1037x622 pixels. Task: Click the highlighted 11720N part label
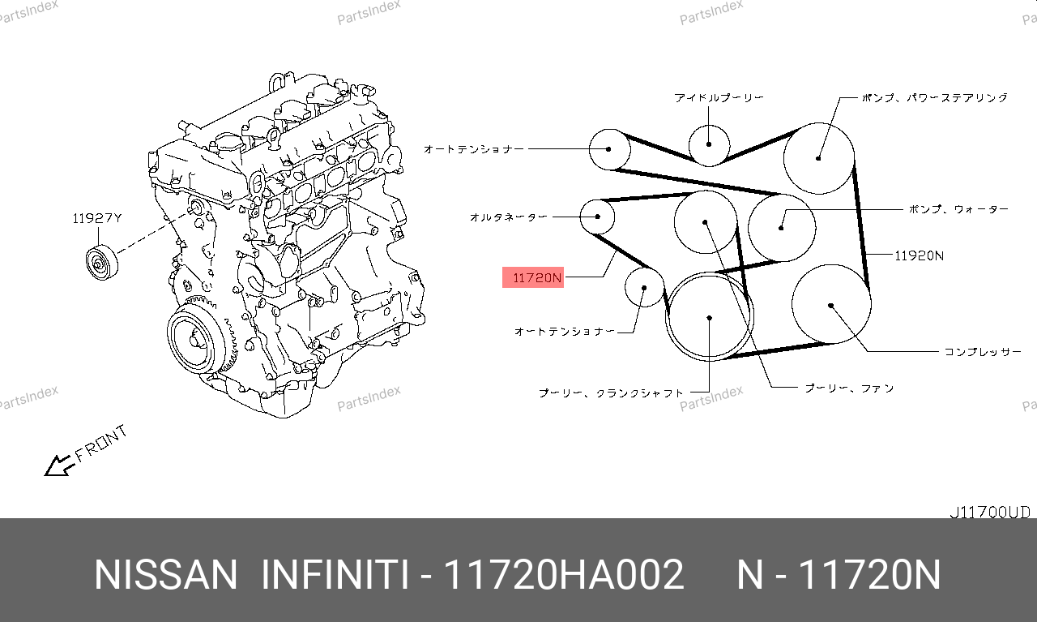533,277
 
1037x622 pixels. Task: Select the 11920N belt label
919,255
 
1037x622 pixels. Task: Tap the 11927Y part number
97,218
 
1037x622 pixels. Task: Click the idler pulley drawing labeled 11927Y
102,262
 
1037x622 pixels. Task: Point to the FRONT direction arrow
58,465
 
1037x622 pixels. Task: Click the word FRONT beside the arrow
101,444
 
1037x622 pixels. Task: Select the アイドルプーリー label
719,98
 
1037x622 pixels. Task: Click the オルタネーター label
508,217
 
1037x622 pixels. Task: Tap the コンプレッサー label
983,352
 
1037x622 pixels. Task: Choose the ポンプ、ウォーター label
958,209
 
